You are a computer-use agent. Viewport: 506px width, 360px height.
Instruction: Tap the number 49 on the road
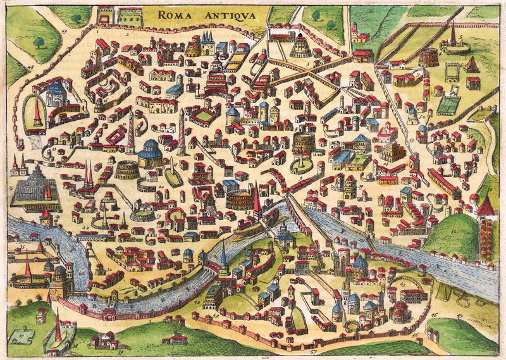65,27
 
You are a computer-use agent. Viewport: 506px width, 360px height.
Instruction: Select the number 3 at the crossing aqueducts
307,63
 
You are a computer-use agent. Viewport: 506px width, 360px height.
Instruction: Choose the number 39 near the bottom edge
121,349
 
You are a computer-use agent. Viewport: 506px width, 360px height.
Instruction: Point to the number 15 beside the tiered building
11,188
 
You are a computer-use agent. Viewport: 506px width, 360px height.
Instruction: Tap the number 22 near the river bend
85,228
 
